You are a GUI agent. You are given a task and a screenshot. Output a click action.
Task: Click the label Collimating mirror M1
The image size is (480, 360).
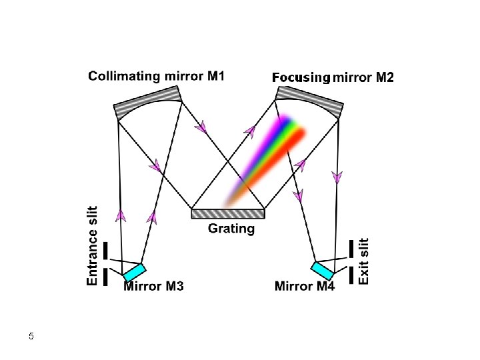[156, 76]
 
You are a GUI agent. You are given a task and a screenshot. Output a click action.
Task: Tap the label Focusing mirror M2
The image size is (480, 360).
[333, 78]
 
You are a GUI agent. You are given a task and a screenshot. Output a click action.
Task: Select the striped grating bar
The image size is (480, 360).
[228, 213]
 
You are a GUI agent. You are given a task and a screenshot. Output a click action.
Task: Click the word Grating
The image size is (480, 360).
[231, 229]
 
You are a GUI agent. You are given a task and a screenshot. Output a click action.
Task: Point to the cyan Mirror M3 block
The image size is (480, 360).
[135, 272]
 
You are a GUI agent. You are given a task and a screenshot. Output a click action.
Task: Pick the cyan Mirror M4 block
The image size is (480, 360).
[322, 271]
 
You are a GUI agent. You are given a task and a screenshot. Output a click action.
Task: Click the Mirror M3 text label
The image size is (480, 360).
[153, 287]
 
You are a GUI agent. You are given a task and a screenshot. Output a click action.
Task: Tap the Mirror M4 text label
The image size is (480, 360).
[305, 287]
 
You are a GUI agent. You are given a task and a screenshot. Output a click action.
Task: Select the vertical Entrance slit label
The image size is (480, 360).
[93, 246]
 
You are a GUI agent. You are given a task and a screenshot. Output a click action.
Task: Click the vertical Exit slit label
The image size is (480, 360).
[363, 261]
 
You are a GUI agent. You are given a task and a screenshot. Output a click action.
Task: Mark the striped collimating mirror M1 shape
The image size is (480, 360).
[148, 101]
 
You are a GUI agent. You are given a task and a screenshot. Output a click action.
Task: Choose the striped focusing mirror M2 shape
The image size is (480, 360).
[310, 101]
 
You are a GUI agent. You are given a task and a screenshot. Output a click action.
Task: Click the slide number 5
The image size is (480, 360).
[31, 336]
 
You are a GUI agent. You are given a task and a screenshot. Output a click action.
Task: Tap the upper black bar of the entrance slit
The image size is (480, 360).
[105, 251]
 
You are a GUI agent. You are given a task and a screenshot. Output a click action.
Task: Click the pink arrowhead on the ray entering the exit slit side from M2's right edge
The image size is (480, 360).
[337, 177]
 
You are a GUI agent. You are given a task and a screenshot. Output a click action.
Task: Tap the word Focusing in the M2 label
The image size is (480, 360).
[301, 78]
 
